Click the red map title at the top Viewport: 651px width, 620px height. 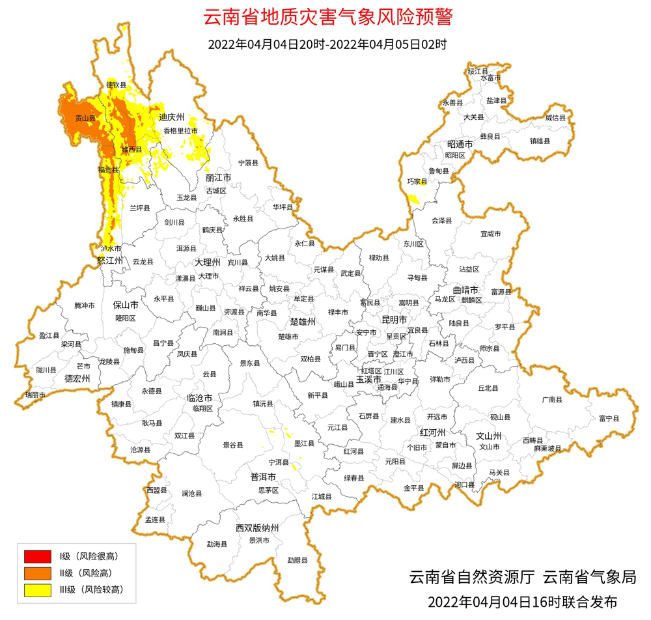pos(327,18)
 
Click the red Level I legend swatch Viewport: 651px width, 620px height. pos(37,556)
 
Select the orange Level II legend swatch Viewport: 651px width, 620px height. pos(37,573)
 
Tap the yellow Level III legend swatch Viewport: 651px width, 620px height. pos(37,590)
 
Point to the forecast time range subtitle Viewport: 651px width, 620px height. pos(327,45)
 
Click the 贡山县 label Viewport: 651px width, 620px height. pos(85,119)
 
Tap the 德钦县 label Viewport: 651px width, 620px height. pos(117,85)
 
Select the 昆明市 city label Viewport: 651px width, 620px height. pos(393,320)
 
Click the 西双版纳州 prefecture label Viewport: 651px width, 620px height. pos(257,528)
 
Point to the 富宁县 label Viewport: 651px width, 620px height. pos(609,418)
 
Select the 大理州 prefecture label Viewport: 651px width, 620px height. pos(208,262)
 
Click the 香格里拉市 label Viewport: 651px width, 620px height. pos(180,131)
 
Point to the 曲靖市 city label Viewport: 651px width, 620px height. pos(466,289)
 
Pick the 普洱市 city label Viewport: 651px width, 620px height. pos(264,477)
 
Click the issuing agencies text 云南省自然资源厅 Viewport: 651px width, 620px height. pos(472,577)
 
